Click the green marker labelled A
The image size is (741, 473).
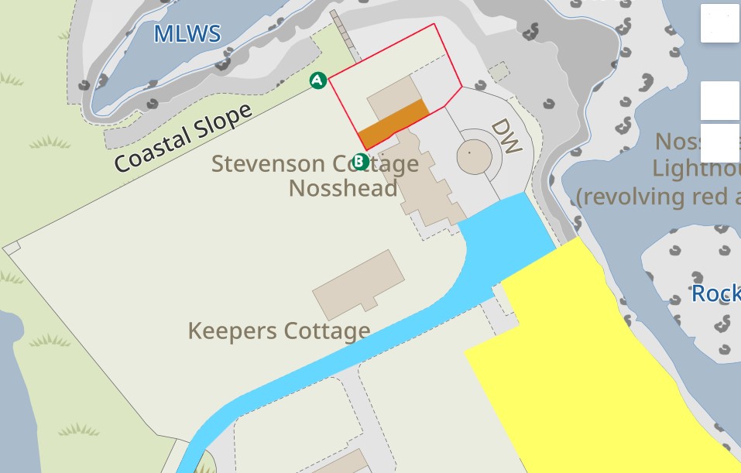point(317,81)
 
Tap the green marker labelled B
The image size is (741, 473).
point(360,161)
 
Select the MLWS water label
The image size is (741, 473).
point(187,34)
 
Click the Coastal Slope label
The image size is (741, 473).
point(184,138)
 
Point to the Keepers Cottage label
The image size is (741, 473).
point(279,331)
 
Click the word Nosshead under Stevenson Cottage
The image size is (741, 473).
point(343,188)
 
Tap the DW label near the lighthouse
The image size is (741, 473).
point(506,137)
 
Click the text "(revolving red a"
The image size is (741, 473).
point(658,197)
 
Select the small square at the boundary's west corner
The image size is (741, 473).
point(12,248)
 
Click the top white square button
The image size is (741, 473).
point(719,23)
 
